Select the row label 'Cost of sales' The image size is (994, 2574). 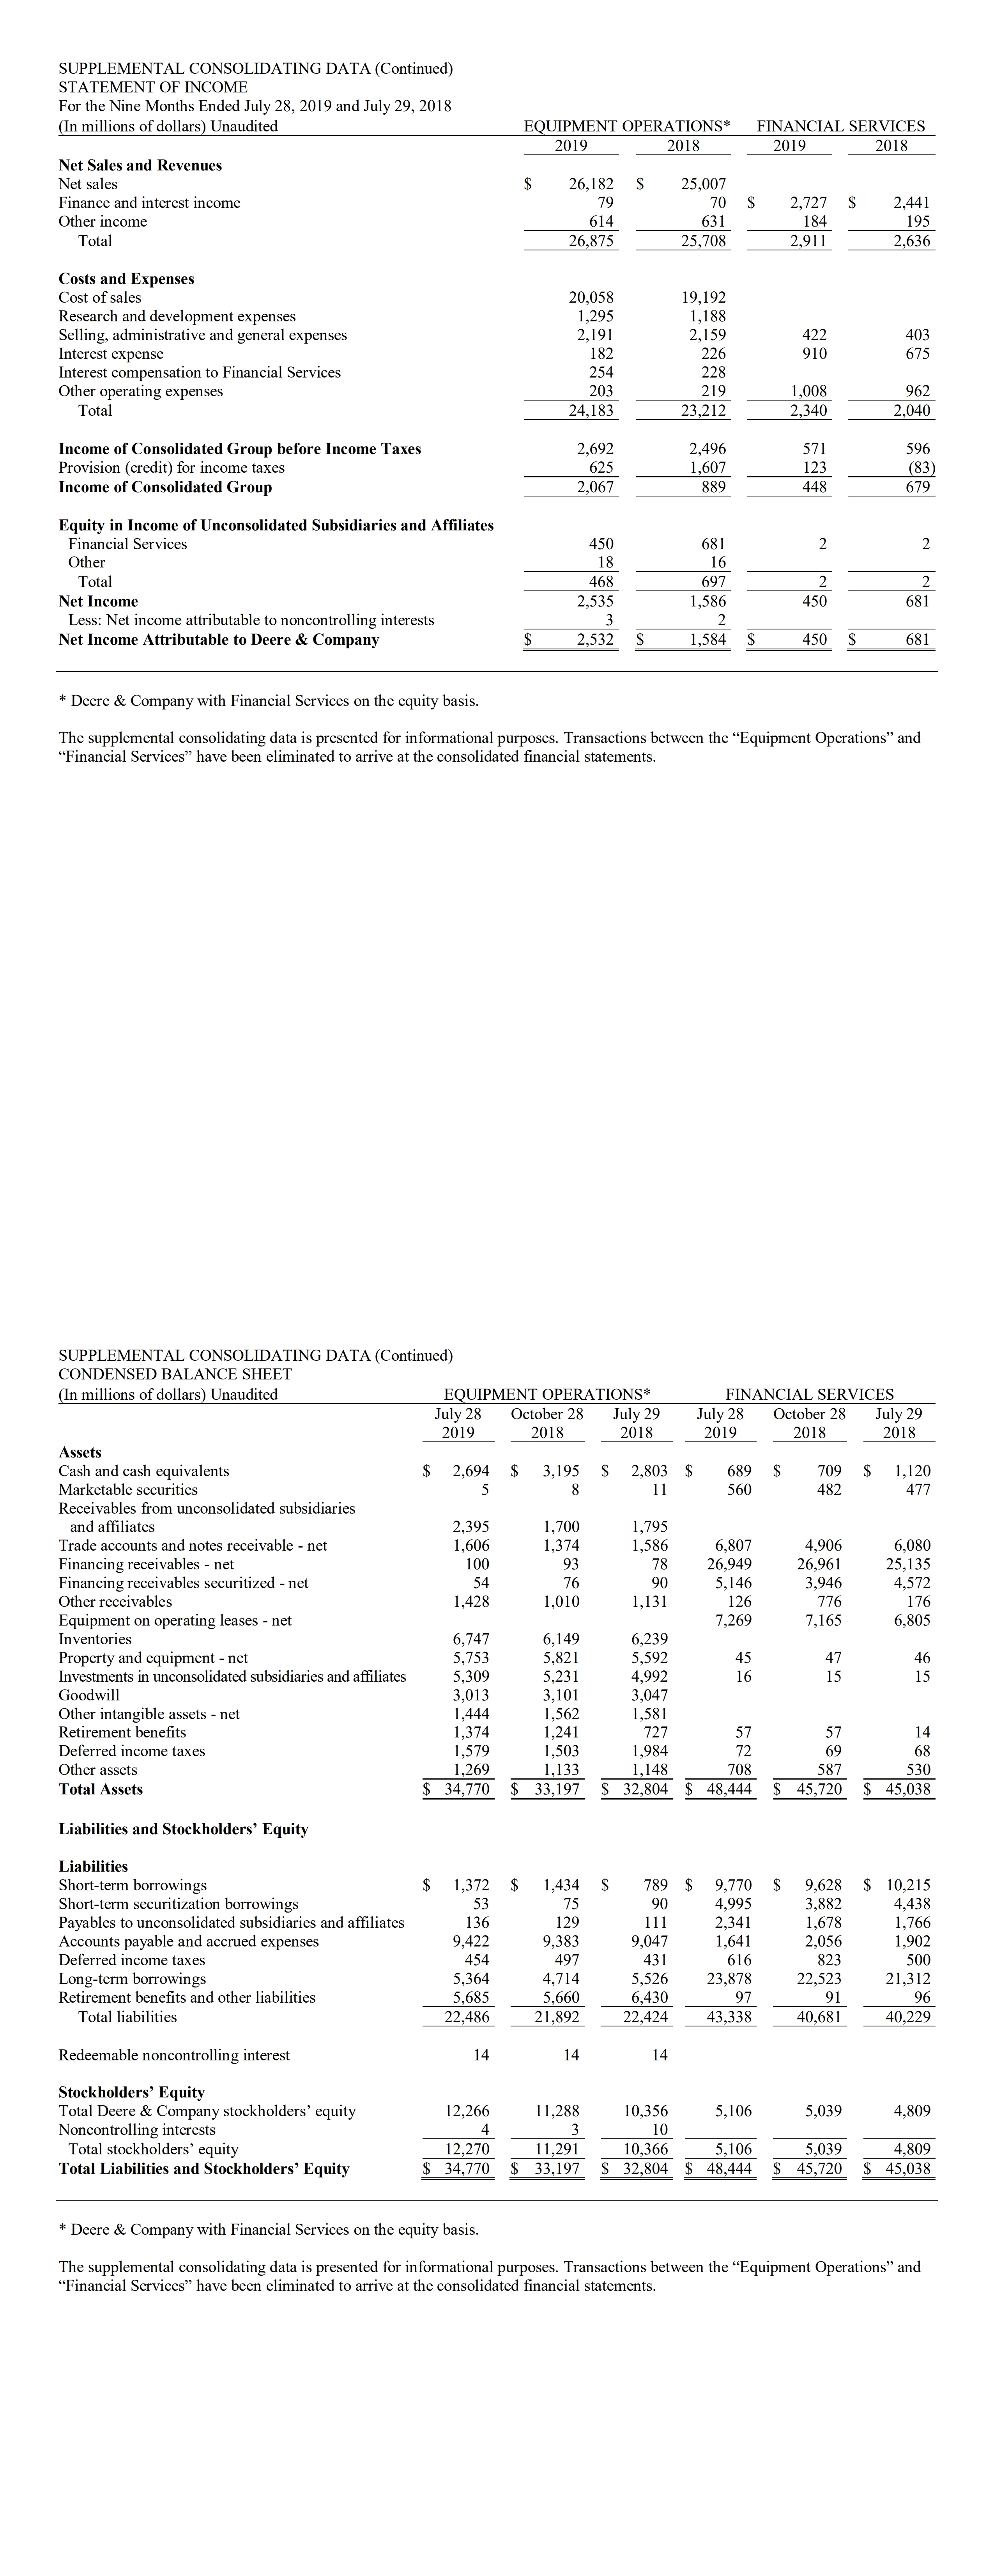pyautogui.click(x=100, y=298)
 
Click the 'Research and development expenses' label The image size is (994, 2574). pyautogui.click(x=177, y=317)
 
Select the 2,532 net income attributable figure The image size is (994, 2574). pyautogui.click(x=594, y=640)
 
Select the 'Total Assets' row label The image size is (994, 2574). pyautogui.click(x=101, y=1789)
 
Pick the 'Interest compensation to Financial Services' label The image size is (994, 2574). pyautogui.click(x=200, y=373)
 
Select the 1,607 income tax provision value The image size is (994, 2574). pyautogui.click(x=707, y=468)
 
